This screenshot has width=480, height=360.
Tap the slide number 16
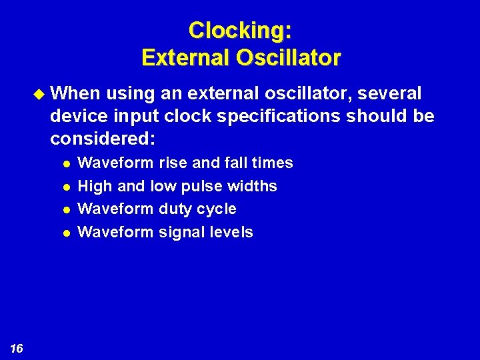click(17, 348)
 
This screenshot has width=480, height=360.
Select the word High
click(95, 186)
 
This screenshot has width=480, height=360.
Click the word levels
click(232, 232)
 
